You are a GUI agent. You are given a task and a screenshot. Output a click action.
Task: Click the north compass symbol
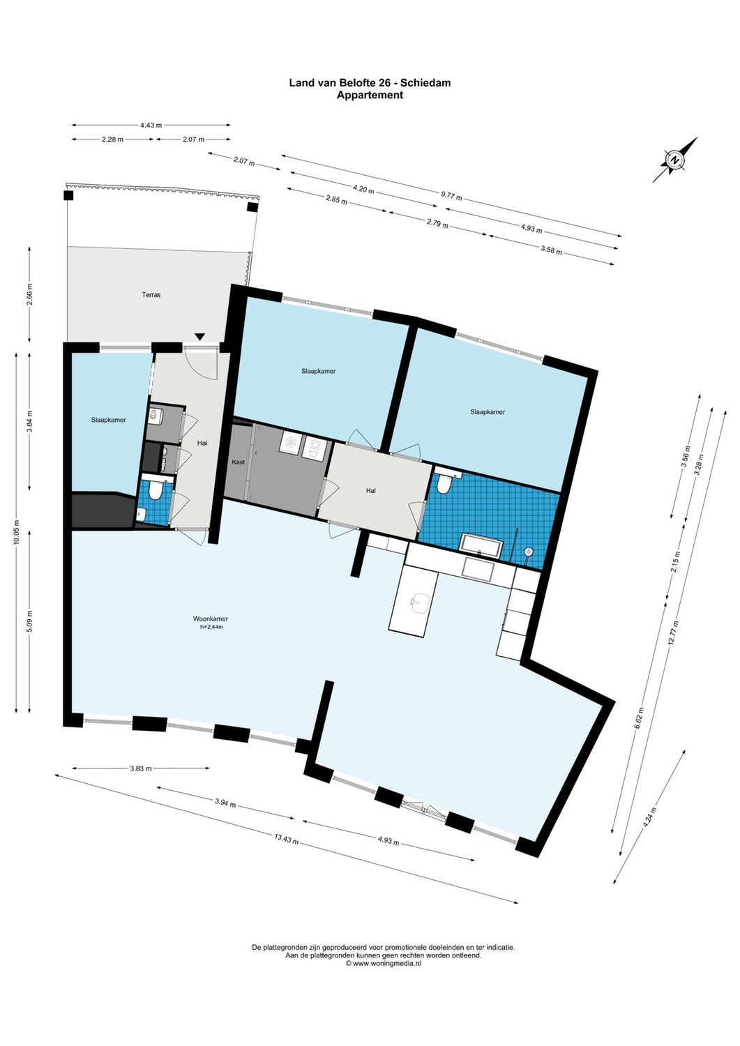[x=675, y=160]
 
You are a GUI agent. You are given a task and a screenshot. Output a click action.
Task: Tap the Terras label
[x=151, y=295]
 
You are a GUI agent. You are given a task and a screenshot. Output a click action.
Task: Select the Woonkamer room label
[x=211, y=619]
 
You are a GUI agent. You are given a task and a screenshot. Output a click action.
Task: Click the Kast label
[x=239, y=462]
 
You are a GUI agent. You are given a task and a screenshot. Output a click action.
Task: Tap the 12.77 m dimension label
[x=673, y=633]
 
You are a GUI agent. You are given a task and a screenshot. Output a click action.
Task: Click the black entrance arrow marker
[x=200, y=338]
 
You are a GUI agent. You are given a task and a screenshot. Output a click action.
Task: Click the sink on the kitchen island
[x=420, y=601]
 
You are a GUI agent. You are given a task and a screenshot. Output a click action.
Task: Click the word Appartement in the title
[x=370, y=95]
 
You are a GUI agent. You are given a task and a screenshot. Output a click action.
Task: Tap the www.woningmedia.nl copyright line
[x=383, y=963]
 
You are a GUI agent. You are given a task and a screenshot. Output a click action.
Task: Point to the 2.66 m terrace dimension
[x=29, y=294]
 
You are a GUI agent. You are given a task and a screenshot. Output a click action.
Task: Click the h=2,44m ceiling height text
[x=211, y=627]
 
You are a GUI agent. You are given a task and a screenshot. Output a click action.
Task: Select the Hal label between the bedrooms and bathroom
[x=371, y=491]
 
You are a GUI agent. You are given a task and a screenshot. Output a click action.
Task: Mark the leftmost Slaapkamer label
[x=109, y=420]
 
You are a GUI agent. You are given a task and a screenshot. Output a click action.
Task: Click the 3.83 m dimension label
[x=141, y=768]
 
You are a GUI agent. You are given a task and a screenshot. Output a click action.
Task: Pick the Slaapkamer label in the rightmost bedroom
[x=488, y=412]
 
